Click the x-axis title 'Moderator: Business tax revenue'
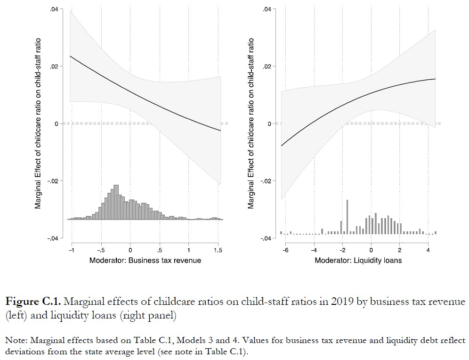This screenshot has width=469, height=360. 146,260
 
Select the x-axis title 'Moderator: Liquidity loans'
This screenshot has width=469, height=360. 358,260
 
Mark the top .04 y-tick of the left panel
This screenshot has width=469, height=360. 54,9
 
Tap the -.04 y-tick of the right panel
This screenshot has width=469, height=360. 266,238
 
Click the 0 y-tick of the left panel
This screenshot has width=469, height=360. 57,123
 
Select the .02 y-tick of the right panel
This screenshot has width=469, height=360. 267,66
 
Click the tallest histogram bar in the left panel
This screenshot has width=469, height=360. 116,203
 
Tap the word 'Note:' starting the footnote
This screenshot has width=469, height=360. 16,340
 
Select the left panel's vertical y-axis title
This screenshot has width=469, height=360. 38,123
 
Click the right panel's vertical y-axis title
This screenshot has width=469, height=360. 251,123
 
